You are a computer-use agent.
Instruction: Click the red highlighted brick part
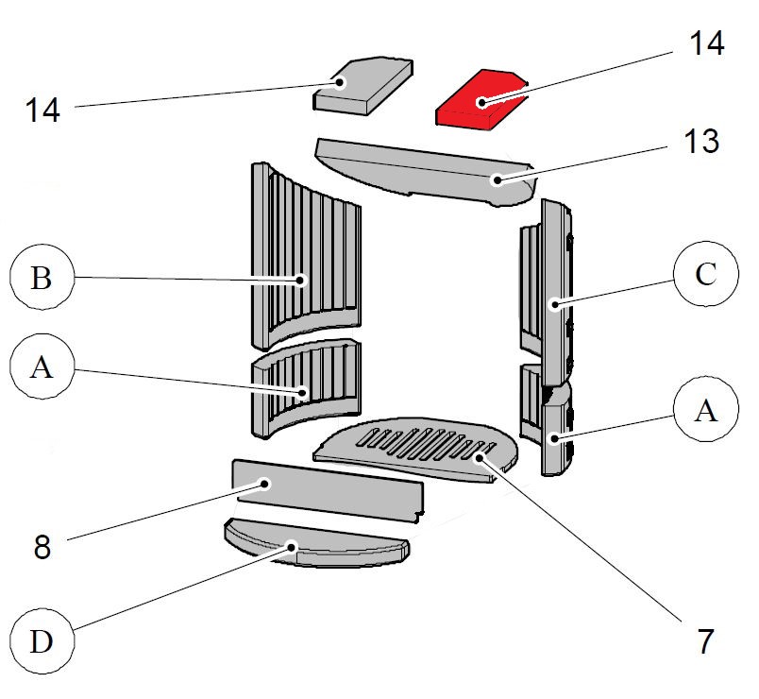click(480, 101)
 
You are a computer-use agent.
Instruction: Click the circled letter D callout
click(41, 642)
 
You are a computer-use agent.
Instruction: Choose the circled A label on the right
click(705, 413)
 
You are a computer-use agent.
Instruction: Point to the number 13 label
click(691, 142)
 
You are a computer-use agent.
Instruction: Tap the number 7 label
click(703, 641)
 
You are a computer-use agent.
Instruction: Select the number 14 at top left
click(42, 110)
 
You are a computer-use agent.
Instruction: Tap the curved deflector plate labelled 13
click(425, 170)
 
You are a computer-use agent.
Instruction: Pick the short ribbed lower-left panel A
click(304, 389)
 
